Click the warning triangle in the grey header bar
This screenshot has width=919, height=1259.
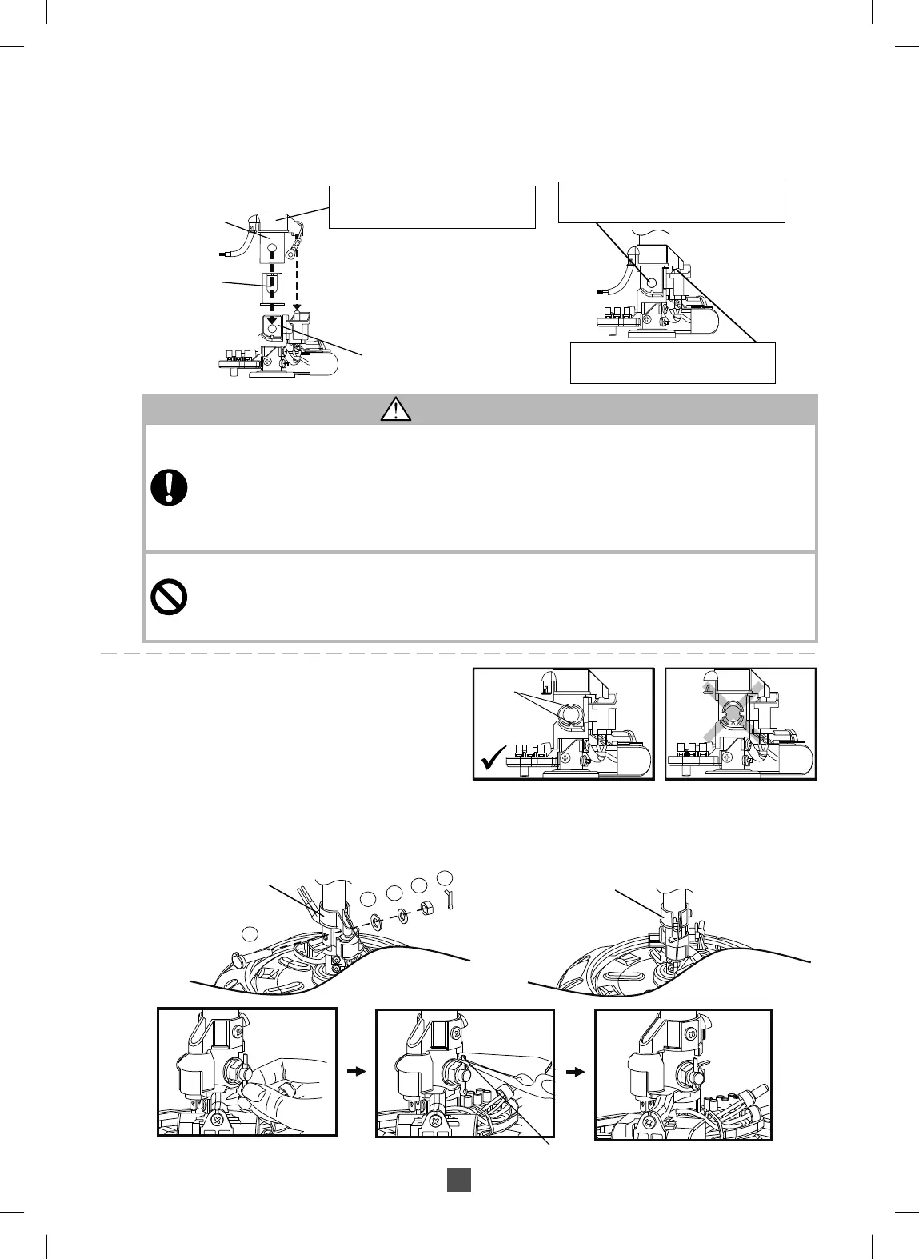(396, 410)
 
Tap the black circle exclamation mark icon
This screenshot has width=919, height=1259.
(169, 486)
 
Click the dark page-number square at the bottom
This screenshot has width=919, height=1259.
(458, 1180)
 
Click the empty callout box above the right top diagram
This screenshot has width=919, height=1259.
(671, 202)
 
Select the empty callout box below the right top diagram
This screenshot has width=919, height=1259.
(673, 362)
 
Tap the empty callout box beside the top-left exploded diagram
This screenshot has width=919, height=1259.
(432, 206)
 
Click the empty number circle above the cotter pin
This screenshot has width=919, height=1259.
(446, 877)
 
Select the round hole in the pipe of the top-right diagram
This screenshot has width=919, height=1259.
(650, 282)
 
